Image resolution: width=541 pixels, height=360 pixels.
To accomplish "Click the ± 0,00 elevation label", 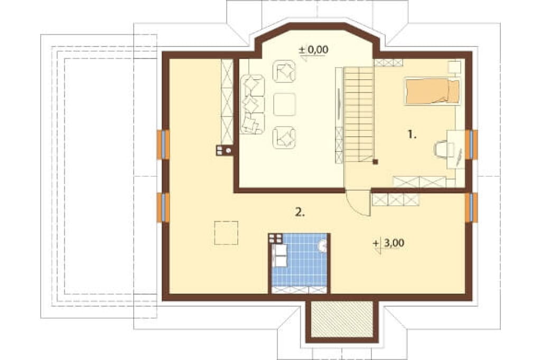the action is (x=313, y=50).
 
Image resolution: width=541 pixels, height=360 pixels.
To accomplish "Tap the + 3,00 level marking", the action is (x=388, y=243).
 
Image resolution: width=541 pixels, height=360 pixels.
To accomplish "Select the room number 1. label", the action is (x=412, y=135).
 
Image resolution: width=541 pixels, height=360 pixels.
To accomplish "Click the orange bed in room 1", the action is (x=432, y=91).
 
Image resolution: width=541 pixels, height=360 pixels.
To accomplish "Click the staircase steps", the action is (x=359, y=114).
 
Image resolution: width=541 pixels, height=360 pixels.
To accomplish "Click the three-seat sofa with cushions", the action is (x=253, y=104).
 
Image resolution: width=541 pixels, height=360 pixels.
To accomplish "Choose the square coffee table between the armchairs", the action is (x=285, y=105).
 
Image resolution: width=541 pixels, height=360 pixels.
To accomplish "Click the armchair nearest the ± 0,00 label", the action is (x=284, y=71).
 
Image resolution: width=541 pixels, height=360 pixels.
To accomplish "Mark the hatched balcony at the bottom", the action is (x=342, y=319).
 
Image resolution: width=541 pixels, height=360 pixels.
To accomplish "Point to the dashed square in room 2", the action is (x=226, y=233).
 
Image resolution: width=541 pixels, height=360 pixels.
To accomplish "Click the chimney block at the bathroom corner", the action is (x=276, y=238).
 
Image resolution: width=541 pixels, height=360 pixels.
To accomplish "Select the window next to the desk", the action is (x=471, y=145).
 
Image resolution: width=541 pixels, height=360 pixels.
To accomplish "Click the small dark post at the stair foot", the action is (x=376, y=162).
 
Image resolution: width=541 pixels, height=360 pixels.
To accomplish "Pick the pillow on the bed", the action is (x=454, y=91).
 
